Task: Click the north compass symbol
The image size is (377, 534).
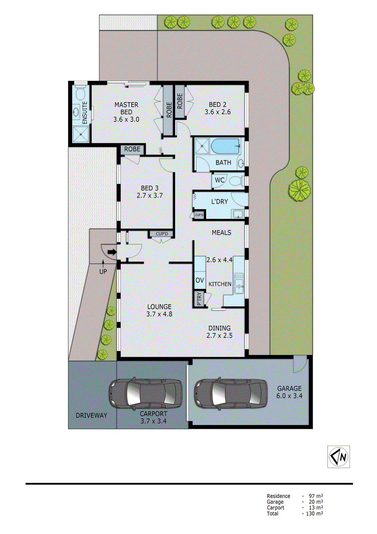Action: (338, 457)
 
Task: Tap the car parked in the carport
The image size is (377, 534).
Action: (146, 394)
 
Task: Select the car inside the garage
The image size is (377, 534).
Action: (231, 394)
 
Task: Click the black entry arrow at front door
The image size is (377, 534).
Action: (112, 252)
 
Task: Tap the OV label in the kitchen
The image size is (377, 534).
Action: (200, 280)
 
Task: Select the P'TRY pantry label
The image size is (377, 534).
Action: (199, 299)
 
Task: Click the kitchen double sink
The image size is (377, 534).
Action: (239, 283)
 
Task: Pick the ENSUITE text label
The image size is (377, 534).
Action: (85, 113)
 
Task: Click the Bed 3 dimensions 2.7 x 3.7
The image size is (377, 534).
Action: (150, 196)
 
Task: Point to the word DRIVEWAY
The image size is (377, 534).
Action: (91, 416)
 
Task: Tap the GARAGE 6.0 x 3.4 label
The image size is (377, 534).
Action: (289, 392)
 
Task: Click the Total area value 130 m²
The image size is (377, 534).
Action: (314, 514)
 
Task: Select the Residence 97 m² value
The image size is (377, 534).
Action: (315, 496)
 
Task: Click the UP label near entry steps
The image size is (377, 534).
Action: (103, 272)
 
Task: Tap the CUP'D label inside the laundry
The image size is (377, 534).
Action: (199, 215)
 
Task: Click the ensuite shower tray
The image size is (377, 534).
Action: (81, 135)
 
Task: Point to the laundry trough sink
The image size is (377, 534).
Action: (238, 214)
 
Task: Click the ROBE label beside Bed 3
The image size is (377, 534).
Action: (132, 149)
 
